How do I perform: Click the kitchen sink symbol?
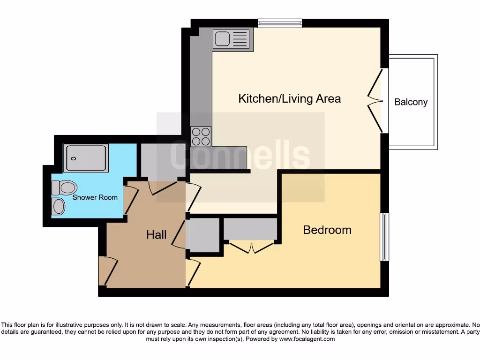232,39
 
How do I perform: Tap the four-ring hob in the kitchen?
201,136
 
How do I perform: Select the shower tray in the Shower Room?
86,158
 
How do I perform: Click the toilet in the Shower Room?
64,188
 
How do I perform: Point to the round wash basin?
59,206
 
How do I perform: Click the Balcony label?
411,102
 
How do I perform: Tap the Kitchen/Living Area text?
289,99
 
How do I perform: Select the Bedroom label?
327,230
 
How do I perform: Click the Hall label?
156,235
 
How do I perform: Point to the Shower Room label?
95,197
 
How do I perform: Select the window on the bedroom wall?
384,237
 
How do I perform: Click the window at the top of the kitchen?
280,23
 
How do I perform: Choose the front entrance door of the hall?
104,271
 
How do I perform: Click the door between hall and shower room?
129,200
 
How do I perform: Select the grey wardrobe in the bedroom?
250,229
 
